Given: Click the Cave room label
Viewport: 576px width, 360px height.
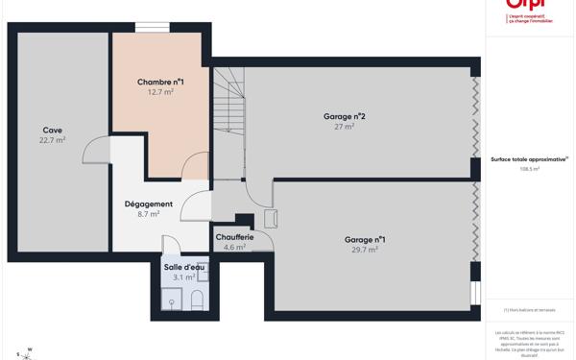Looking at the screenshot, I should click(52, 130).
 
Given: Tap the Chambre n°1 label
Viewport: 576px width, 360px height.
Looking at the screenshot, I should click(160, 83).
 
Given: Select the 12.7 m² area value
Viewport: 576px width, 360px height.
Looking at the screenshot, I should click(160, 92).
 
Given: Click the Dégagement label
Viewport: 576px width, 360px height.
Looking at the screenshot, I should click(149, 204).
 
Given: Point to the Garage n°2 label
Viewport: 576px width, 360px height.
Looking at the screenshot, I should click(344, 116).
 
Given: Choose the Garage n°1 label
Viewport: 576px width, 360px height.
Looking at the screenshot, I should click(365, 239).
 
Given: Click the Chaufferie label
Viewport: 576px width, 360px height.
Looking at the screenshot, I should click(234, 237).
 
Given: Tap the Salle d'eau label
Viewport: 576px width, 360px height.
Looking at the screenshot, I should click(184, 267).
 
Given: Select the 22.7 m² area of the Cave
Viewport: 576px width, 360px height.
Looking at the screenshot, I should click(52, 140).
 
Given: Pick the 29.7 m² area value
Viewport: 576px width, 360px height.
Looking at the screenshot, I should click(365, 250).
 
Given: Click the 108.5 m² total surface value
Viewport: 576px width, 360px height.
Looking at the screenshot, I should click(529, 169).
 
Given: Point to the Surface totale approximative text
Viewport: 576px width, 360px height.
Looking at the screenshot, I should click(529, 159).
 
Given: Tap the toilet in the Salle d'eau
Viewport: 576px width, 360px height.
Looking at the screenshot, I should click(197, 300).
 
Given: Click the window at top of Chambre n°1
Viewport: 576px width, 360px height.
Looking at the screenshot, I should click(152, 28).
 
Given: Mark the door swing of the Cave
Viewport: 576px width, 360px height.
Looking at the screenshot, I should click(96, 151).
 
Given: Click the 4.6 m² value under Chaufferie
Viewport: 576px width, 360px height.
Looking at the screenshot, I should click(234, 248).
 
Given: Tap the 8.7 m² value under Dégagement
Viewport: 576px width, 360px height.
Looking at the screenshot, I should click(149, 214).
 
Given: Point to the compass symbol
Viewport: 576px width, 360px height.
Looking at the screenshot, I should click(26, 354).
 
